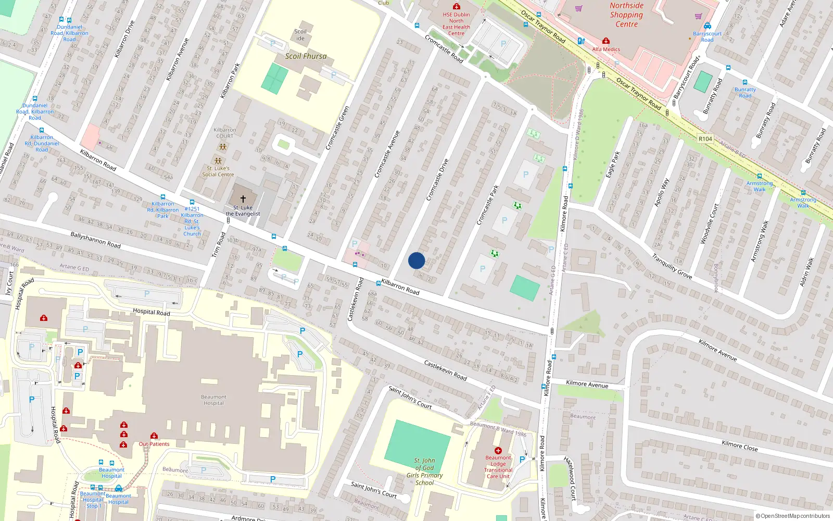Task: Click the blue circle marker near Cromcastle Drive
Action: tap(416, 260)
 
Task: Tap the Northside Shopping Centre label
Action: tap(626, 15)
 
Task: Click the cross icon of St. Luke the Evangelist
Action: tap(243, 199)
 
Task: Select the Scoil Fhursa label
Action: tap(306, 56)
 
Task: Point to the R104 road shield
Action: tap(705, 139)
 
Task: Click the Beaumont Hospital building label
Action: tap(213, 400)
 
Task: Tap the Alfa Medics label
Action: tap(606, 49)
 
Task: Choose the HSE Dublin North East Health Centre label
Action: tap(456, 24)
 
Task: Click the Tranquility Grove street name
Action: tap(672, 266)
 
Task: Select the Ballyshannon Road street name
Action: tap(95, 240)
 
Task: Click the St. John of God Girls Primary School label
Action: tap(424, 472)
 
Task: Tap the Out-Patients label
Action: tap(154, 444)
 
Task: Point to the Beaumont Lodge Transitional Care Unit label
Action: tap(498, 467)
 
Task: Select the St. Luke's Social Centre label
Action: tap(218, 171)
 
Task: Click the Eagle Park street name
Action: tap(613, 165)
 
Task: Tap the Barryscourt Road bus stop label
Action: tap(707, 36)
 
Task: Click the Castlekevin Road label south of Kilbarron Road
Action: tap(445, 370)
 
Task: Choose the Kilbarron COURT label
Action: tap(224, 133)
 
